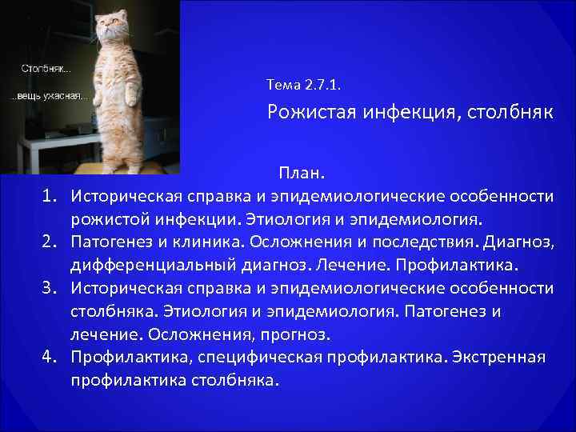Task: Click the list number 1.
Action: pyautogui.click(x=49, y=195)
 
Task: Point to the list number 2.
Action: pyautogui.click(x=49, y=242)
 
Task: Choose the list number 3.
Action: pyautogui.click(x=49, y=288)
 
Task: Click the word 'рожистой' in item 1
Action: pyautogui.click(x=109, y=218)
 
